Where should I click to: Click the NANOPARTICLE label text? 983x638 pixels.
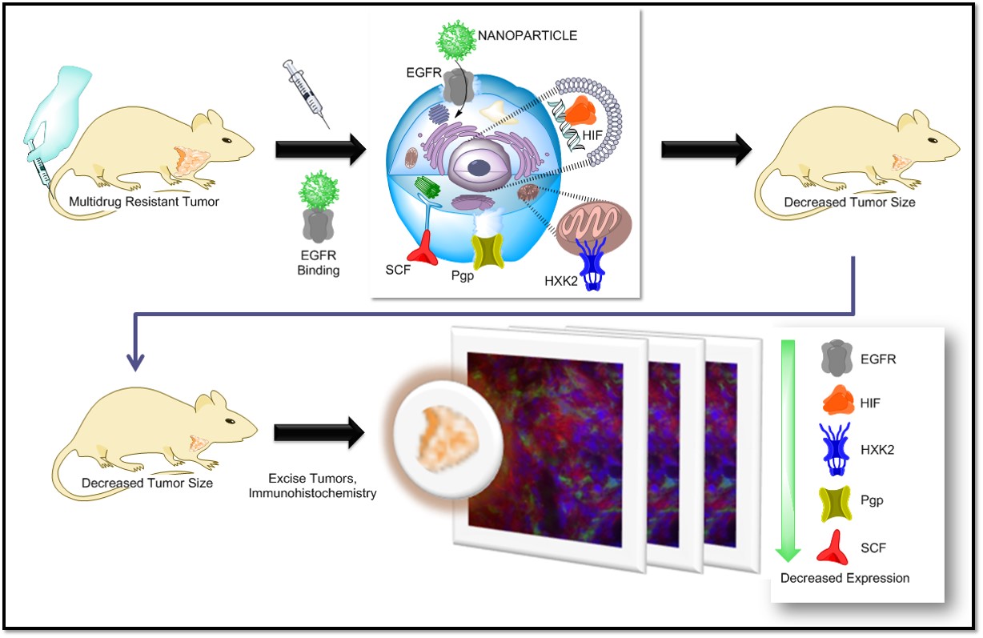(527, 35)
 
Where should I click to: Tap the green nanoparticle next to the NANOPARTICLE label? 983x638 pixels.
(455, 40)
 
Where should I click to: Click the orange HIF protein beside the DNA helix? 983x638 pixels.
(580, 110)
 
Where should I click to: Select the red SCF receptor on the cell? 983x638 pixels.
(423, 248)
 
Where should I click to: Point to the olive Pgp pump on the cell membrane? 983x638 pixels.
(487, 251)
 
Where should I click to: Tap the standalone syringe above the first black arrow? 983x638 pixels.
(306, 93)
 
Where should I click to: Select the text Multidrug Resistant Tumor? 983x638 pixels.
(144, 202)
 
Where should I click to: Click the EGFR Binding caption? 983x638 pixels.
(319, 263)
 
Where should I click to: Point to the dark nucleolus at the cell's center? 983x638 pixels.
(479, 168)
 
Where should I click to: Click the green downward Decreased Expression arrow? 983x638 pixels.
(788, 450)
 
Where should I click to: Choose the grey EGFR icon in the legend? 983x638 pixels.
(837, 358)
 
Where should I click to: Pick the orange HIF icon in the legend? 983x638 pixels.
(838, 399)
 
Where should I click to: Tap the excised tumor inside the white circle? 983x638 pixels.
(447, 439)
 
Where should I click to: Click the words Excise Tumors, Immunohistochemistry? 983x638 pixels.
(312, 486)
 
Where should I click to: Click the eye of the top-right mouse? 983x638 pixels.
(933, 140)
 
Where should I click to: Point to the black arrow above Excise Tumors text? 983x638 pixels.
(319, 433)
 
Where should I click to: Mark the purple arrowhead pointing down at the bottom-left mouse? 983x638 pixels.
(135, 361)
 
